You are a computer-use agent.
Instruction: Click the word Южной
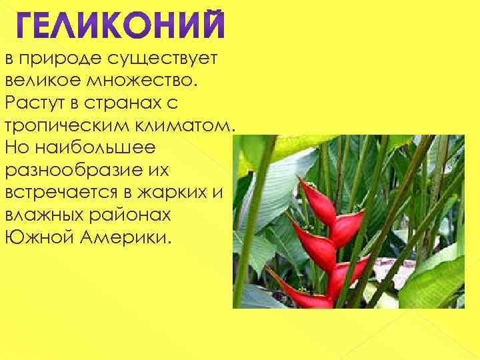[x=37, y=236]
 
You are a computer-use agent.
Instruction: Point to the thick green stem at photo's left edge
[x=249, y=220]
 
